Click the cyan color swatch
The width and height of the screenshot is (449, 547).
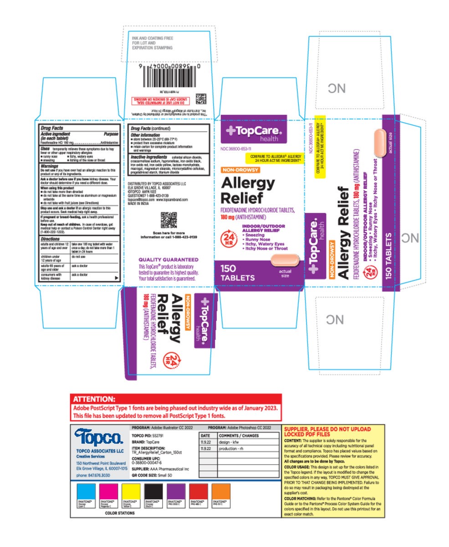[x=86, y=491]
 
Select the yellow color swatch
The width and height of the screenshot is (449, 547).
[x=131, y=491]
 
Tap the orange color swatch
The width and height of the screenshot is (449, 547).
[x=220, y=491]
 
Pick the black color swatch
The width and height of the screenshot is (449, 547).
[x=153, y=491]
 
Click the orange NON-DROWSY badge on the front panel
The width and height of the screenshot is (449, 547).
[x=240, y=170]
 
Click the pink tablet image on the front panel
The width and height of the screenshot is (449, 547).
[x=285, y=260]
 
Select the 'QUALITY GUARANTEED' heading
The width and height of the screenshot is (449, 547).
[x=168, y=259]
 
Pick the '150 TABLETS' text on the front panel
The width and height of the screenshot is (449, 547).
[x=235, y=273]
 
